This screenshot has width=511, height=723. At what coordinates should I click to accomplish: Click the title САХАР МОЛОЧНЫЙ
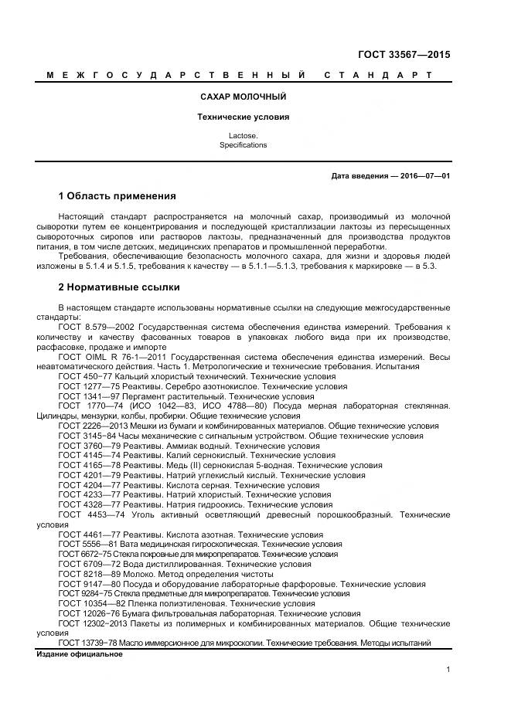pyautogui.click(x=243, y=97)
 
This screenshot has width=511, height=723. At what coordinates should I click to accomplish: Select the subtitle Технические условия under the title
pyautogui.click(x=243, y=117)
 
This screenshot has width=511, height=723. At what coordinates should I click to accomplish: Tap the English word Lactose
pyautogui.click(x=243, y=136)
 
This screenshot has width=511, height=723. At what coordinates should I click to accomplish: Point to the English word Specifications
pyautogui.click(x=243, y=145)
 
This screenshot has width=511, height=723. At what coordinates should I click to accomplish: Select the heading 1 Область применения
pyautogui.click(x=118, y=196)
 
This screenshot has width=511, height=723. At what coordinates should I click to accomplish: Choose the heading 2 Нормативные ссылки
pyautogui.click(x=119, y=287)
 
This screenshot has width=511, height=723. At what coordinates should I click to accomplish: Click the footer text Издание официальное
pyautogui.click(x=80, y=654)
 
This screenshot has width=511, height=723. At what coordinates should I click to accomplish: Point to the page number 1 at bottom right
pyautogui.click(x=448, y=670)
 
